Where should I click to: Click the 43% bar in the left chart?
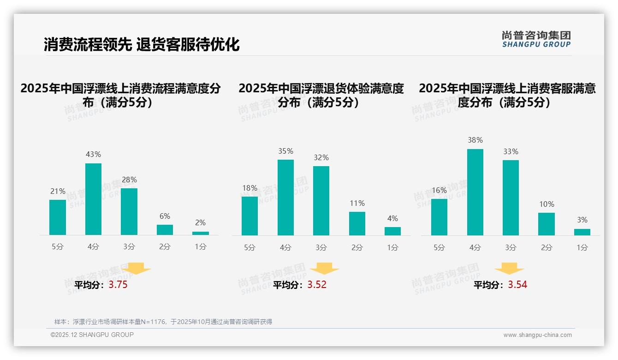coord(93,199)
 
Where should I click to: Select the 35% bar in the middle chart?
coord(285,198)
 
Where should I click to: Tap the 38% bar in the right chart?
coord(475,192)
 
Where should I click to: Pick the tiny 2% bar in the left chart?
coord(201,233)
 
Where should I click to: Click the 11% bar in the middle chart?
coord(357,223)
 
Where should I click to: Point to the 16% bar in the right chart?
coord(439,217)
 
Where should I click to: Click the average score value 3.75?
coord(118,285)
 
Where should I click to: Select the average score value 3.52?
coord(317,285)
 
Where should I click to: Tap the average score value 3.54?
coord(517,285)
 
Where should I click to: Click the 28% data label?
coord(129,180)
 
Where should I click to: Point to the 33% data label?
coord(511,151)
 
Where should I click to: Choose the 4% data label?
coord(392,218)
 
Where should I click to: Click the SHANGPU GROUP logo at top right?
coord(536,39)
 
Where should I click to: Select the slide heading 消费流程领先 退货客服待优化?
coord(142,44)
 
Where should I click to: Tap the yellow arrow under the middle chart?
coord(324,269)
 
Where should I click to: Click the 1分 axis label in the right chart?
coord(582,248)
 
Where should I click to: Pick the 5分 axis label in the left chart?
coord(58,247)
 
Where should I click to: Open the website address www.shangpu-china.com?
coord(537,335)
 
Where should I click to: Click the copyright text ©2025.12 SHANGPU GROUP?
coord(92,335)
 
